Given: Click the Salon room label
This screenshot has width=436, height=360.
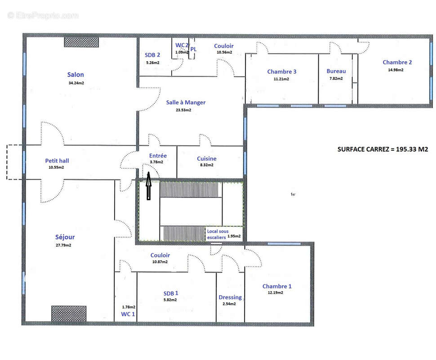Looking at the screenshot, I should (76, 75).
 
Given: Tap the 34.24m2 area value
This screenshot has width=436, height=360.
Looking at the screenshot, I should (76, 83).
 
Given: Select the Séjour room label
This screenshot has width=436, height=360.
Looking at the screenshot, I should (66, 237).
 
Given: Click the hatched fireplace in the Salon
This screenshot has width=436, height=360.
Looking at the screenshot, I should (81, 42).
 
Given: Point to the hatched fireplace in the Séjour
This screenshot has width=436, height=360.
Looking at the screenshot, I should (68, 313).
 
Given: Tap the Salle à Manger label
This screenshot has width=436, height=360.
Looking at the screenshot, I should (186, 103).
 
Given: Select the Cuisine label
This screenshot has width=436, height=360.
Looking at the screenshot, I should (206, 158).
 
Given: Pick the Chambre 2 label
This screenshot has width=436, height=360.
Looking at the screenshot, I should (397, 63).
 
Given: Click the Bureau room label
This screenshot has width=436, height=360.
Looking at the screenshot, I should (336, 71).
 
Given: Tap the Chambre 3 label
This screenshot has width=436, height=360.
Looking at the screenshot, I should (281, 72).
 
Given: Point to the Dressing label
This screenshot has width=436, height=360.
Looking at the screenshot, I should (230, 297).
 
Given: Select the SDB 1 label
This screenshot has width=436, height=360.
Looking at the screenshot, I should (171, 293).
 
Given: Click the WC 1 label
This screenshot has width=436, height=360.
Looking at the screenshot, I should (127, 314).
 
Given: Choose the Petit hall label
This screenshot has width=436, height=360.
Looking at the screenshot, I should (57, 160).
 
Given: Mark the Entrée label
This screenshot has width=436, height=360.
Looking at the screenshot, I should (158, 156).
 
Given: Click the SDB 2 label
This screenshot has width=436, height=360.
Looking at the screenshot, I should (152, 55).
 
